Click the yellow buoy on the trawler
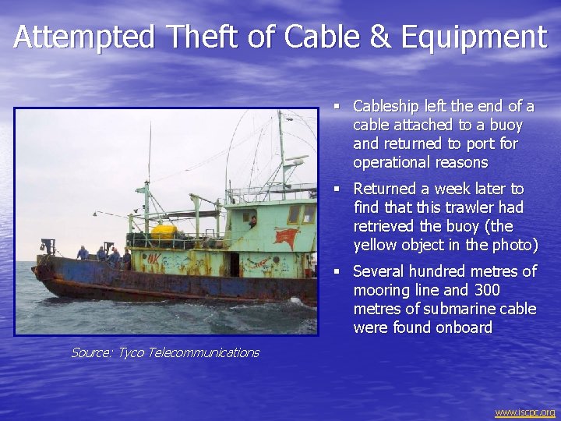164,232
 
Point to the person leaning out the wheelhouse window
252,221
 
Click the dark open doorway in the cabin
235,264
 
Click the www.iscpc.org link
524,412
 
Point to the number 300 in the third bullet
487,290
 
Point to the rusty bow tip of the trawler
37,271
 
